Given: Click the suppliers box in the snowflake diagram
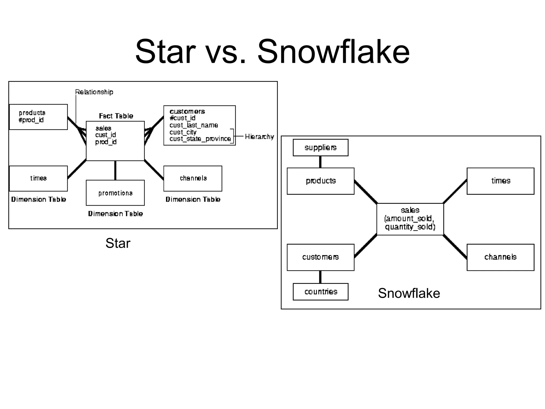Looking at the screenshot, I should coord(320,148).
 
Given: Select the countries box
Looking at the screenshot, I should coord(320,292).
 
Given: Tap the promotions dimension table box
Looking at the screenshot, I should coord(115,193).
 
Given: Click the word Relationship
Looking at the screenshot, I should coord(94,92).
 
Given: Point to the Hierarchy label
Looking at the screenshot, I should coord(259,137).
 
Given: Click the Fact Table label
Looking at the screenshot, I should coord(116,116).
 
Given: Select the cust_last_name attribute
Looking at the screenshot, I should coord(194,125).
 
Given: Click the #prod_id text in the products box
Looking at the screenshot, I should coord(31,120).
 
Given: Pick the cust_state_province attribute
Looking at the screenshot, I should coord(200,139).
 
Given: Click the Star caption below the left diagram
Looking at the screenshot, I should coord(118,243).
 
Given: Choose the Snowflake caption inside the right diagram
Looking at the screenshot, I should coord(409,293).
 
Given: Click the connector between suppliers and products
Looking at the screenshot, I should coord(320,162).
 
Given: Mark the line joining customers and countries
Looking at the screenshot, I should coord(320,277).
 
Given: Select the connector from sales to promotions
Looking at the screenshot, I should coord(115,170).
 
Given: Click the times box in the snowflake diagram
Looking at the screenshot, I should coord(500,181).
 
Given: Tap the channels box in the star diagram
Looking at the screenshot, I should coord(193,178).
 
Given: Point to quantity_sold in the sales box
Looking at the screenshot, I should coord(410,227).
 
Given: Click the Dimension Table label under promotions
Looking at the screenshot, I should coord(115,214).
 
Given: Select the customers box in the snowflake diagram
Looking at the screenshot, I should coord(320,257).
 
